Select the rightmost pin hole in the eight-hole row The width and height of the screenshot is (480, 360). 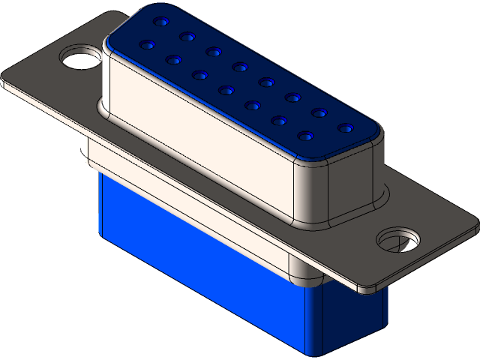[344, 128]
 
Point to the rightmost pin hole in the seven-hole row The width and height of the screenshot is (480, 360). [306, 136]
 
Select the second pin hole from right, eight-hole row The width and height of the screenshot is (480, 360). [319, 113]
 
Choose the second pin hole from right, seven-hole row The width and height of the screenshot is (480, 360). [279, 120]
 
